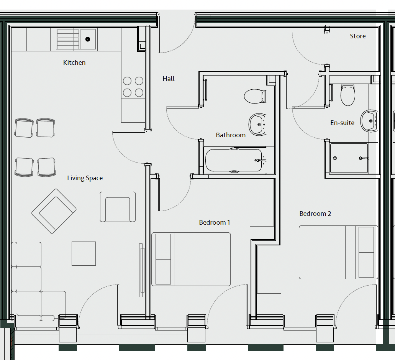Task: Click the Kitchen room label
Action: click(74, 62)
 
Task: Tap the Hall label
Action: click(169, 79)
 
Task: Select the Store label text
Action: click(358, 36)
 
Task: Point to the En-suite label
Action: click(342, 123)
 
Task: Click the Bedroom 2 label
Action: click(315, 214)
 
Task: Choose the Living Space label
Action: click(85, 178)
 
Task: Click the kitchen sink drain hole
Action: click(88, 39)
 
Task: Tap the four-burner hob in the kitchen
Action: click(133, 87)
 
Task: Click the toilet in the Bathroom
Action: click(255, 96)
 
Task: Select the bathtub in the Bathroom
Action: click(234, 160)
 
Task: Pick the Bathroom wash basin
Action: click(257, 125)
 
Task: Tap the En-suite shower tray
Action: click(349, 158)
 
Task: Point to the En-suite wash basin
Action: click(369, 121)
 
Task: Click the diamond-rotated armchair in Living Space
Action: click(54, 211)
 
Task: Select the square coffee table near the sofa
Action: click(84, 254)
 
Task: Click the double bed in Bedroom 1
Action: click(191, 259)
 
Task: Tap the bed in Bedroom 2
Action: click(338, 252)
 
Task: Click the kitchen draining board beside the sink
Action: click(68, 39)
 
